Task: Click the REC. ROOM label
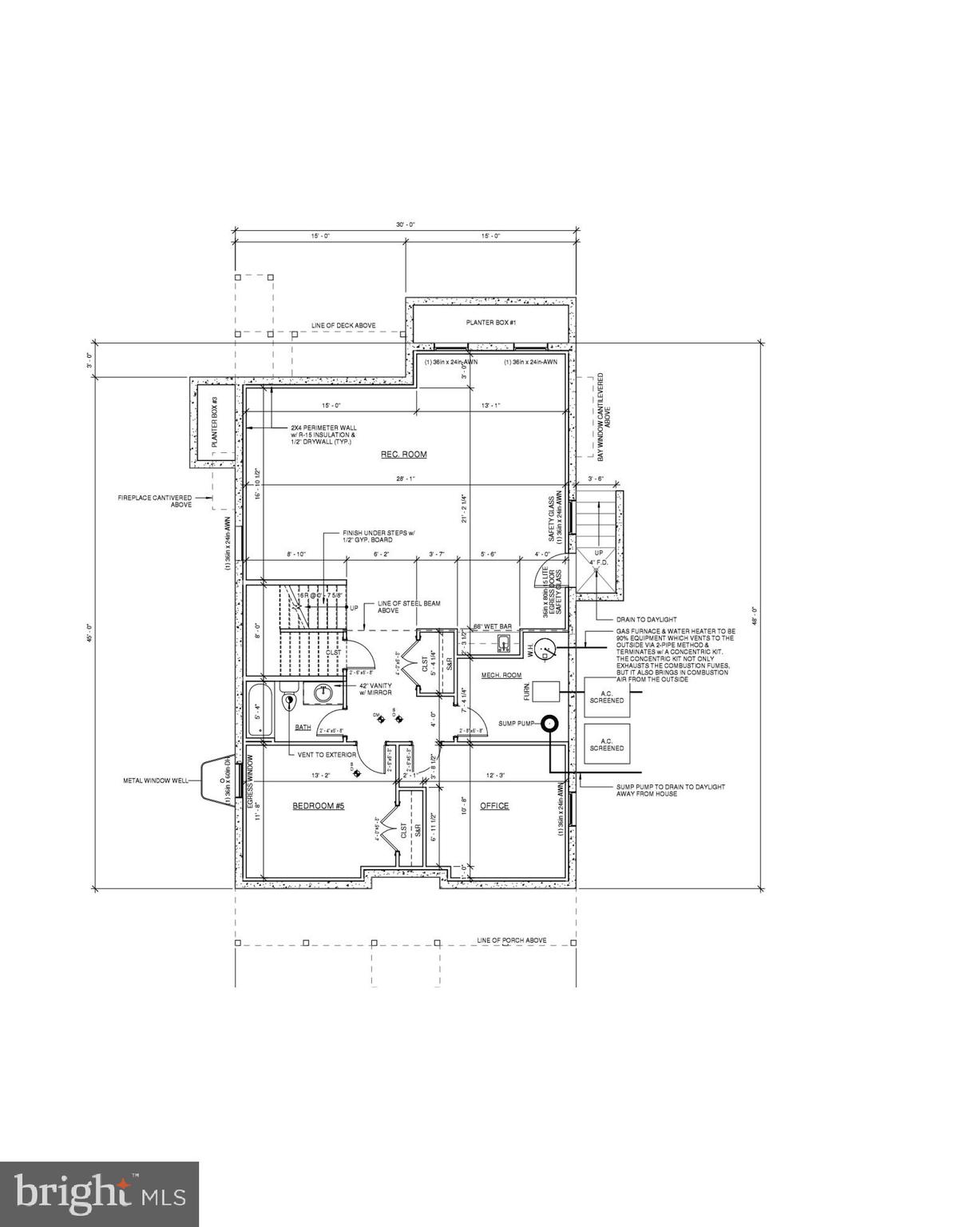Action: coord(403,455)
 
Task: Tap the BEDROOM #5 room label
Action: coord(318,806)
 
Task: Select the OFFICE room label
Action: coord(494,806)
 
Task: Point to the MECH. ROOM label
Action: coord(501,676)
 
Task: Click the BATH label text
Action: coord(303,727)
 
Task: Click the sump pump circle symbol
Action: coord(549,724)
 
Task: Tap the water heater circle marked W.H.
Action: coord(545,651)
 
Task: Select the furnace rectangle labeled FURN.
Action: coord(547,691)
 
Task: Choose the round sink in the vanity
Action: coord(324,693)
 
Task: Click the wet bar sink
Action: coord(504,643)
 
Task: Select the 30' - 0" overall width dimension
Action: coord(406,226)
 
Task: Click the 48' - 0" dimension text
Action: coord(753,615)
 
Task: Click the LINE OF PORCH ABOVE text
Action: coord(512,940)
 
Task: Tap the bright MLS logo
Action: coord(100,1193)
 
